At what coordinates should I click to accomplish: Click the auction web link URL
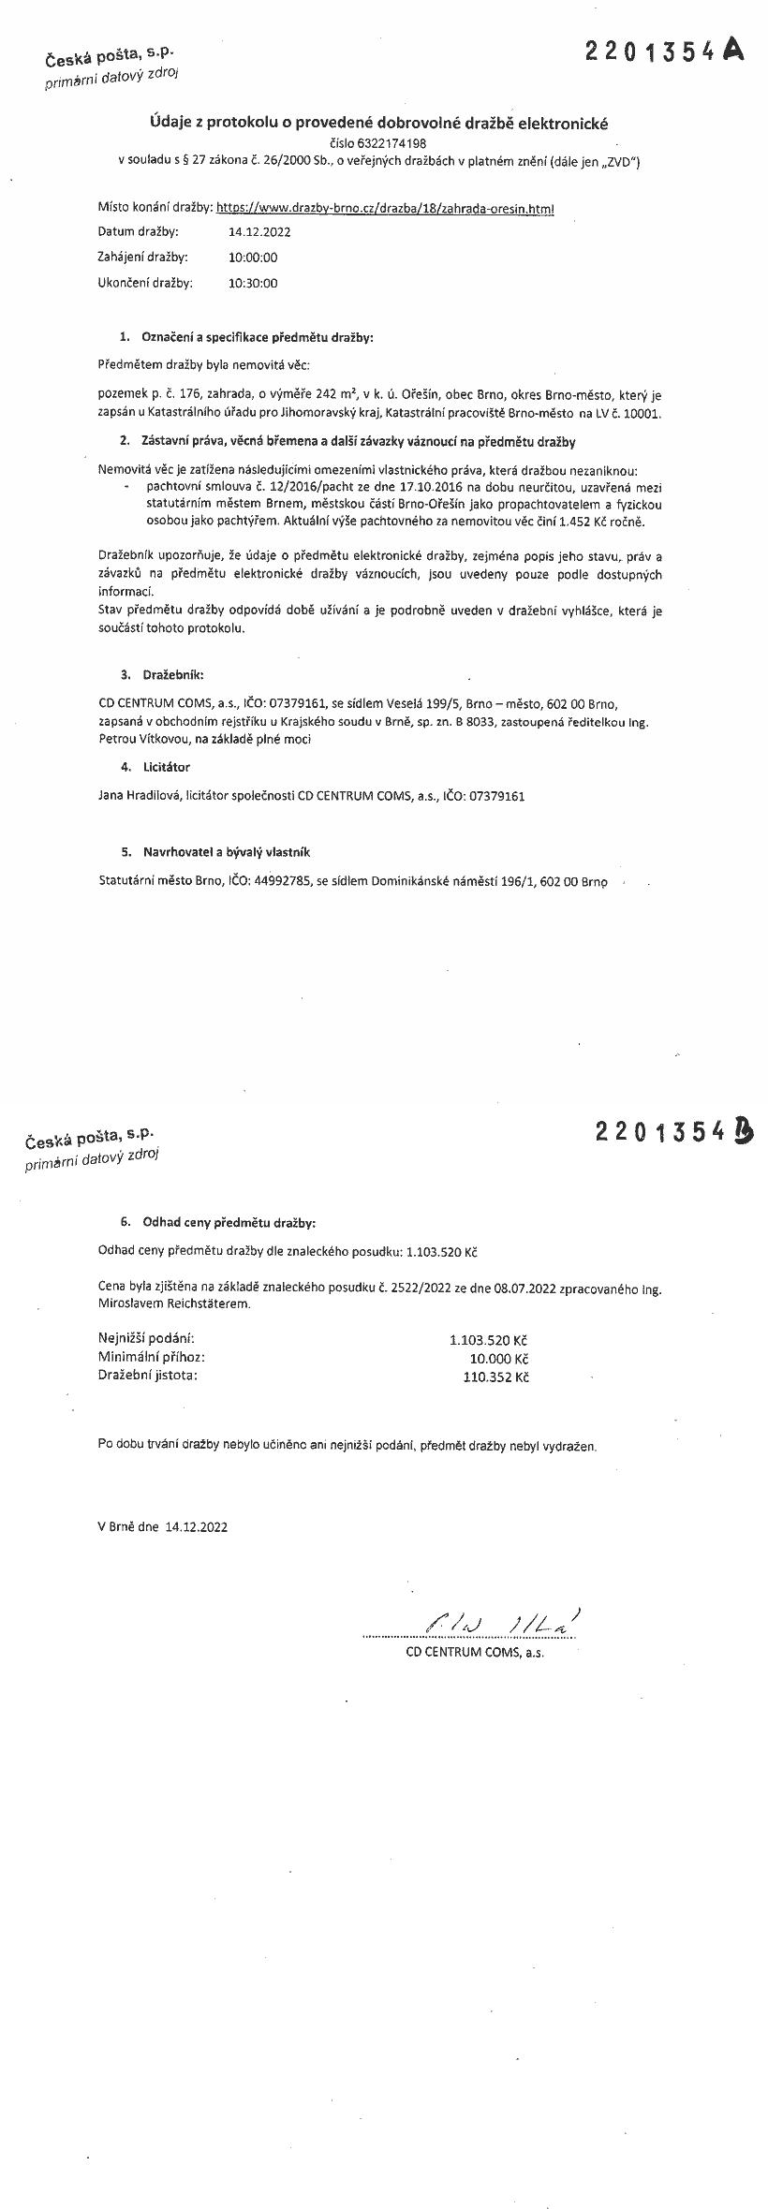point(385,209)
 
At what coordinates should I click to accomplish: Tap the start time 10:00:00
point(253,258)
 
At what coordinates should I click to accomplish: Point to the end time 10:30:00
point(253,283)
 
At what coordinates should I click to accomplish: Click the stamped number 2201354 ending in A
point(665,52)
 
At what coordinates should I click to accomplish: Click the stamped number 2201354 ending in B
point(673,1132)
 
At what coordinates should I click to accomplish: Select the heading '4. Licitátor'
point(155,767)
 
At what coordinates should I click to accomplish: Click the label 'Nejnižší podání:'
point(146,1340)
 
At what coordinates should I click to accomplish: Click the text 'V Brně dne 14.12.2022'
point(162,1525)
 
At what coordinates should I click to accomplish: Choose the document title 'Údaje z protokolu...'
point(379,123)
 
